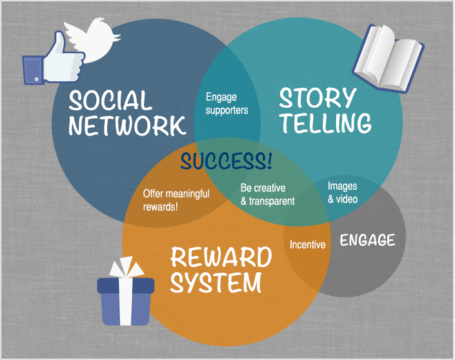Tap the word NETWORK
tap(127, 125)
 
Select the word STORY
tap(318, 98)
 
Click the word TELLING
tap(325, 123)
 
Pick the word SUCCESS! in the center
tap(227, 160)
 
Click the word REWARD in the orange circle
tap(221, 257)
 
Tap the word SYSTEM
tap(217, 282)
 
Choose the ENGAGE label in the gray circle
tap(367, 241)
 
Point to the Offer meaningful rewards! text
tap(176, 200)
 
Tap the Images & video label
tap(343, 192)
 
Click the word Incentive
tap(308, 245)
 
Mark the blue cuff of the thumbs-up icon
tap(32, 70)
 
